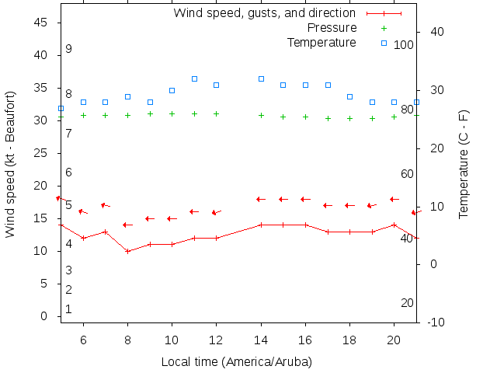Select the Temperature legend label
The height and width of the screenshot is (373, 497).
point(321,42)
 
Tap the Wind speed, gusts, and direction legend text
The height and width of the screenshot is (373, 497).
point(264,13)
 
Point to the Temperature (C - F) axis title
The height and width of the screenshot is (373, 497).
point(464,163)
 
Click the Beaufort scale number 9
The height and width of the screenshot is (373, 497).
point(68,49)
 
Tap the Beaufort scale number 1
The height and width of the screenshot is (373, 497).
point(68,309)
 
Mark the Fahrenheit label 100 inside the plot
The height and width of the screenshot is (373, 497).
point(404,45)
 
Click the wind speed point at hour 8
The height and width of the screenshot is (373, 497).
point(127,251)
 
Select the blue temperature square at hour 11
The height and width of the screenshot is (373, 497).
point(194,78)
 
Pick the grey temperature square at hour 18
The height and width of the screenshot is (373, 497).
point(350,96)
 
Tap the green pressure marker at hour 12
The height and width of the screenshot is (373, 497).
point(217,113)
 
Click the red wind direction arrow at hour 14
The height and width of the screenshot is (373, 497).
point(261,199)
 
